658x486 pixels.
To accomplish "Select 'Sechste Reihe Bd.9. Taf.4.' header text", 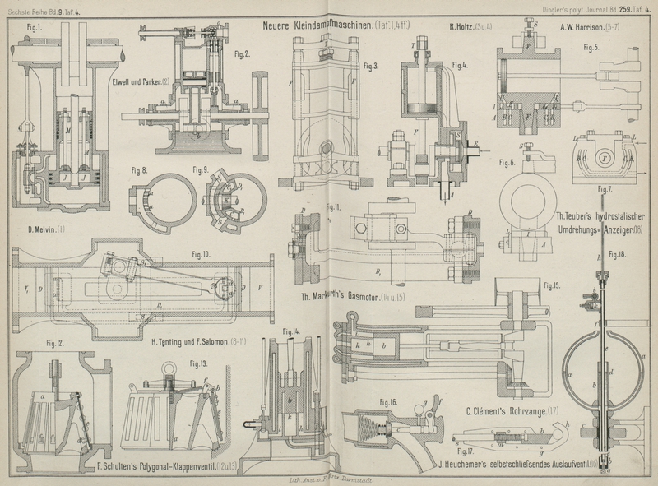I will (x=47, y=8).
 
